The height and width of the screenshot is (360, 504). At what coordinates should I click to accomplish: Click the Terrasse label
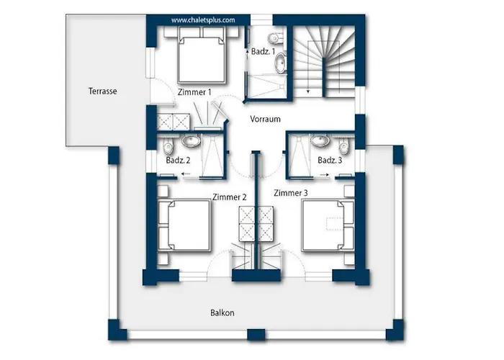(102, 91)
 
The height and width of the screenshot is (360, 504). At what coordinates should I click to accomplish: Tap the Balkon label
(222, 312)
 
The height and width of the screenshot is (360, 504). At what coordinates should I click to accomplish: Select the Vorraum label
(265, 119)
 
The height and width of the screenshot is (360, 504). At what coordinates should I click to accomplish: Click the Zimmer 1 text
(194, 92)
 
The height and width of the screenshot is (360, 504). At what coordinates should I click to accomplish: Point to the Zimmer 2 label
(230, 197)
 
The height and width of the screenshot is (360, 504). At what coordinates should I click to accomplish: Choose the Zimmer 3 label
(291, 193)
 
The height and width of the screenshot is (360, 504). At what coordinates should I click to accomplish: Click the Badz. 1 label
(263, 51)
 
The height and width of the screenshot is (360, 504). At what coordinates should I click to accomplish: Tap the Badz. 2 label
(178, 160)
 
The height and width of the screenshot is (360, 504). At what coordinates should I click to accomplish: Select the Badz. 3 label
(330, 160)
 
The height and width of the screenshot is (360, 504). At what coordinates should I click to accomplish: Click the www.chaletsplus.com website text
(203, 20)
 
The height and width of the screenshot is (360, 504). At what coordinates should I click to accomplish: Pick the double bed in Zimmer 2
(184, 225)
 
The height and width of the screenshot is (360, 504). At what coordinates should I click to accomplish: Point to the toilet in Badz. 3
(343, 146)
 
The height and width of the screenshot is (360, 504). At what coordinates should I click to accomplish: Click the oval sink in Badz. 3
(320, 140)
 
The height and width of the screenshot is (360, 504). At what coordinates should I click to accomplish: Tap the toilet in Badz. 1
(275, 38)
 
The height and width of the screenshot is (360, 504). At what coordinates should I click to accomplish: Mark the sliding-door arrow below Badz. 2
(186, 174)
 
